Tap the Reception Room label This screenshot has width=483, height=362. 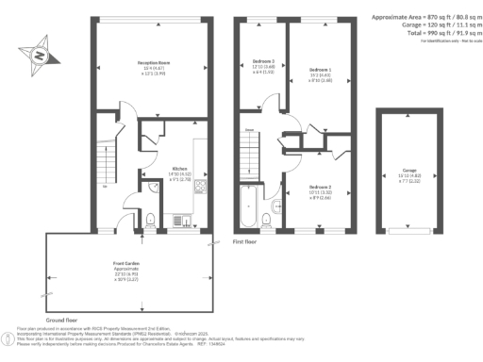click(x=158, y=65)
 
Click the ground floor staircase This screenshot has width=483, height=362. click(x=107, y=174)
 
